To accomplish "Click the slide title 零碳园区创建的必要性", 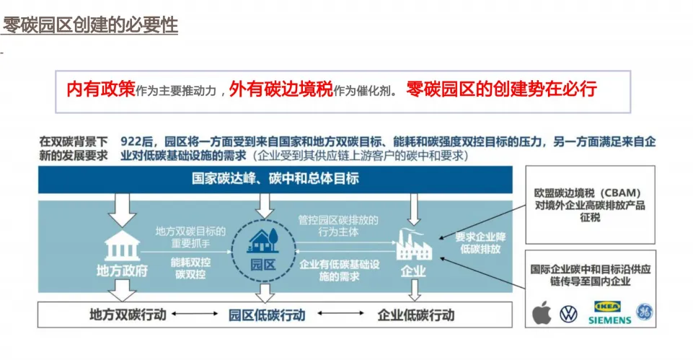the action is (89, 26).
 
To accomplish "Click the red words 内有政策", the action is (100, 89).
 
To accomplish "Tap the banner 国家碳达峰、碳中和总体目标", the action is (275, 178).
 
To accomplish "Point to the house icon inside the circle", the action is (263, 240).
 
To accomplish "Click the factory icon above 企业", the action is (413, 243).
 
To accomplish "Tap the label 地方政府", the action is (121, 271).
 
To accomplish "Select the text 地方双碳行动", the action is (128, 315).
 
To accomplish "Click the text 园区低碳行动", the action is (267, 315).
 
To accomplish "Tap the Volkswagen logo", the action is (569, 314).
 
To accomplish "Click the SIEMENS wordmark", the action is (609, 320).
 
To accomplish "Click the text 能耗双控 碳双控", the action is (190, 270).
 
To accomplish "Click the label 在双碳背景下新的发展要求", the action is (74, 148).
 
